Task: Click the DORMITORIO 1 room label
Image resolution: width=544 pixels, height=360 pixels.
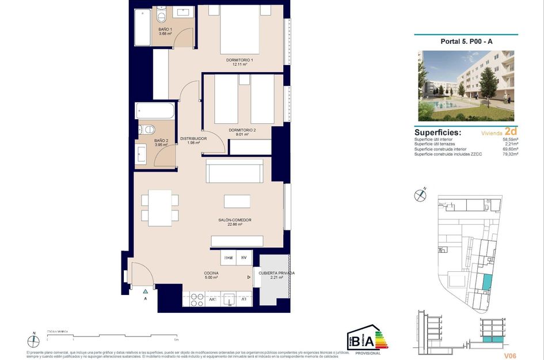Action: [239, 60]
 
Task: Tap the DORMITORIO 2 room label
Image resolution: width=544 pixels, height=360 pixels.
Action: [242, 131]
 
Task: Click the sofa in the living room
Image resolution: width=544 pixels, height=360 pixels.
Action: [234, 171]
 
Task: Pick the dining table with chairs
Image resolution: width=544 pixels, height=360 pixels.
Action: [159, 207]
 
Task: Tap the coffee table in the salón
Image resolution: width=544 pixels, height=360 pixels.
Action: [237, 202]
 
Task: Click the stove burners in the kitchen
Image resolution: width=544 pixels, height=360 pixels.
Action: [196, 299]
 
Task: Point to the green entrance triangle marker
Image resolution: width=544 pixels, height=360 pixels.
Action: [146, 291]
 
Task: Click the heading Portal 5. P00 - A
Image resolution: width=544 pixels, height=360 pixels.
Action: [465, 41]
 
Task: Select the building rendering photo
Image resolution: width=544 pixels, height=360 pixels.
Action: [466, 85]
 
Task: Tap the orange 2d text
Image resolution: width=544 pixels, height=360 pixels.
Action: [511, 131]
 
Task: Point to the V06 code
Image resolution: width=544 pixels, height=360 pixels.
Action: [509, 355]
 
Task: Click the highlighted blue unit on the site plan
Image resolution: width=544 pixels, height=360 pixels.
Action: [487, 282]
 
